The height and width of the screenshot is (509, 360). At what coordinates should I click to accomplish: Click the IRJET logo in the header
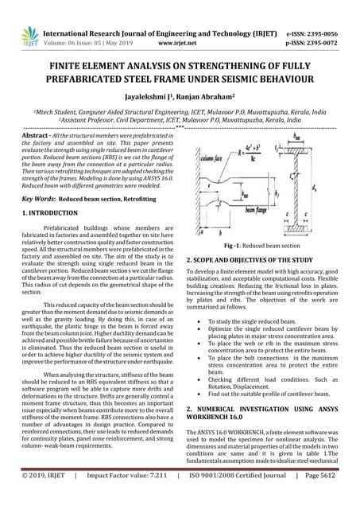point(30,34)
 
